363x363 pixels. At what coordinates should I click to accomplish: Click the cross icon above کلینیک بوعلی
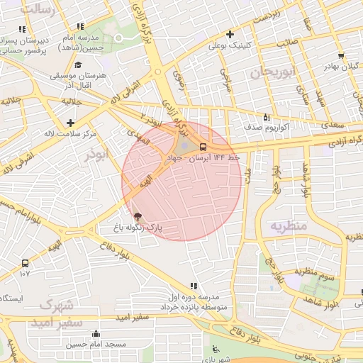229,34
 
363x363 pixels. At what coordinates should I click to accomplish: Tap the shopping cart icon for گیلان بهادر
342,55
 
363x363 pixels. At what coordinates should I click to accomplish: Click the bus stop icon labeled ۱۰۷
26,262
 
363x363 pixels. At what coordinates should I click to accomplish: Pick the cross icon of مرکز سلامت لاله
69,123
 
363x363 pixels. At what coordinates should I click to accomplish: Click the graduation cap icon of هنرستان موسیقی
77,64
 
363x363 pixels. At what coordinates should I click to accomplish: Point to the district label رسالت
37,9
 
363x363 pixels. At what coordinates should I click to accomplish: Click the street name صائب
286,43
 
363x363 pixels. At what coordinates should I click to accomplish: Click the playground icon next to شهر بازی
216,350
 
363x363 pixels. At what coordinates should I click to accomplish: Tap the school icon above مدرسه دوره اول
194,286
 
